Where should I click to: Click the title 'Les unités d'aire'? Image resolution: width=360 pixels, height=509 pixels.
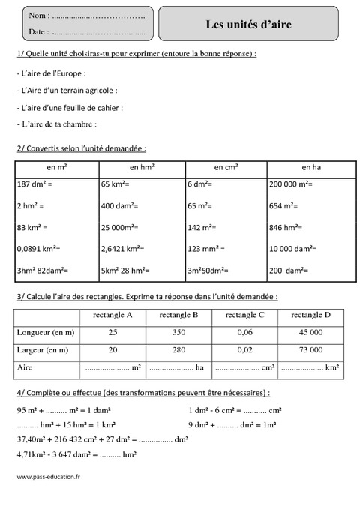point(249,25)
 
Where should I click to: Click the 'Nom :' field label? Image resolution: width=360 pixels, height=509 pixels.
point(39,15)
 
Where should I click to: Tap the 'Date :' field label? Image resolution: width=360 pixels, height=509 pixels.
point(39,32)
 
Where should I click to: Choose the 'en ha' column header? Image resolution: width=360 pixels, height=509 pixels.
point(310,167)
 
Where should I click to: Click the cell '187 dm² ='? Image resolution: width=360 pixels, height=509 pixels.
point(33,184)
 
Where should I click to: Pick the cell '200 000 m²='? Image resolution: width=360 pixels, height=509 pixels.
point(292,184)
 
